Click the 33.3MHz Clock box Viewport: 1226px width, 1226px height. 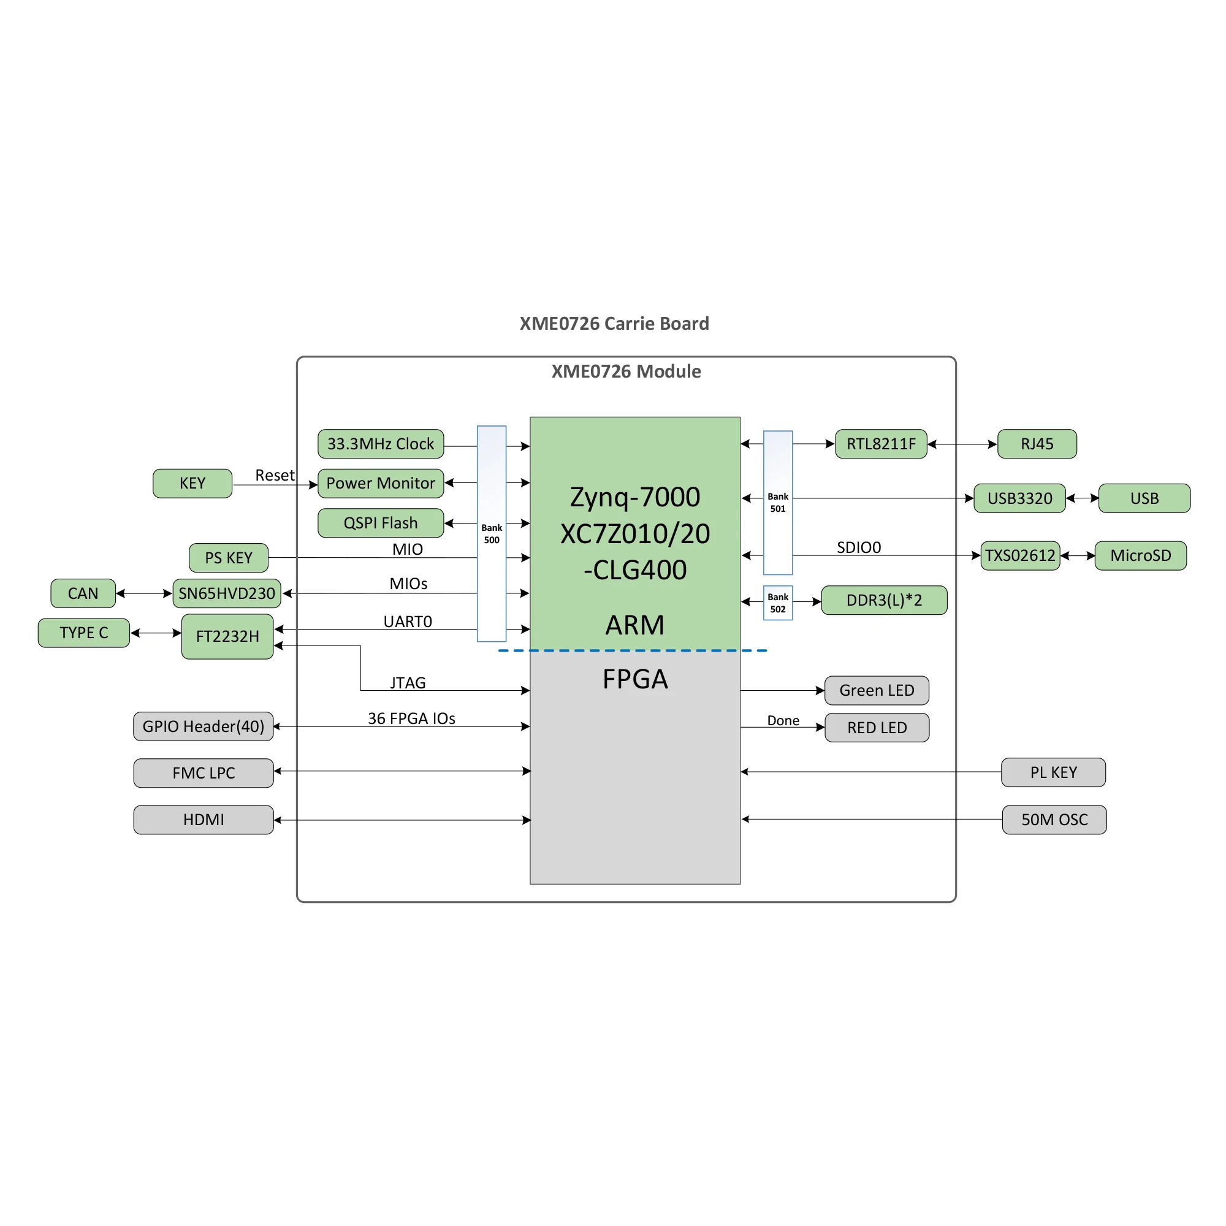click(380, 444)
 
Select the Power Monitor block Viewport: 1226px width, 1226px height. click(380, 483)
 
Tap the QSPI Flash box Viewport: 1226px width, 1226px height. click(380, 523)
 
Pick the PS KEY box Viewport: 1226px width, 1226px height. click(229, 558)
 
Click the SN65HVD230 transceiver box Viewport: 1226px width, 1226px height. click(227, 593)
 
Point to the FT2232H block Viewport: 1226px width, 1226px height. click(227, 636)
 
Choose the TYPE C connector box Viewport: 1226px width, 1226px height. click(84, 633)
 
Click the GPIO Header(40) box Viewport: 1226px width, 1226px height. click(203, 726)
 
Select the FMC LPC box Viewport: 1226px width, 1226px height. click(203, 773)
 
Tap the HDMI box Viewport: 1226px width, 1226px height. click(203, 819)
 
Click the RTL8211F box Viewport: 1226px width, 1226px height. click(881, 444)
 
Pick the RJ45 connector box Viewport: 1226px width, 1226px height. click(1037, 444)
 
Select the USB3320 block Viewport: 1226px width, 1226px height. click(1019, 498)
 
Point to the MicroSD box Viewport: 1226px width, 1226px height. click(1140, 555)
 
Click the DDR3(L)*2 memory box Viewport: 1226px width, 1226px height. click(884, 600)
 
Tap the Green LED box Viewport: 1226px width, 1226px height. click(877, 690)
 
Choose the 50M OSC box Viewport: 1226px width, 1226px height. click(1054, 819)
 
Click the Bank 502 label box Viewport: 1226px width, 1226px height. click(777, 603)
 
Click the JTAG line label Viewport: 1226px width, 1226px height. click(408, 683)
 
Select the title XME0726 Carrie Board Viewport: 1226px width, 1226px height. click(614, 324)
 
